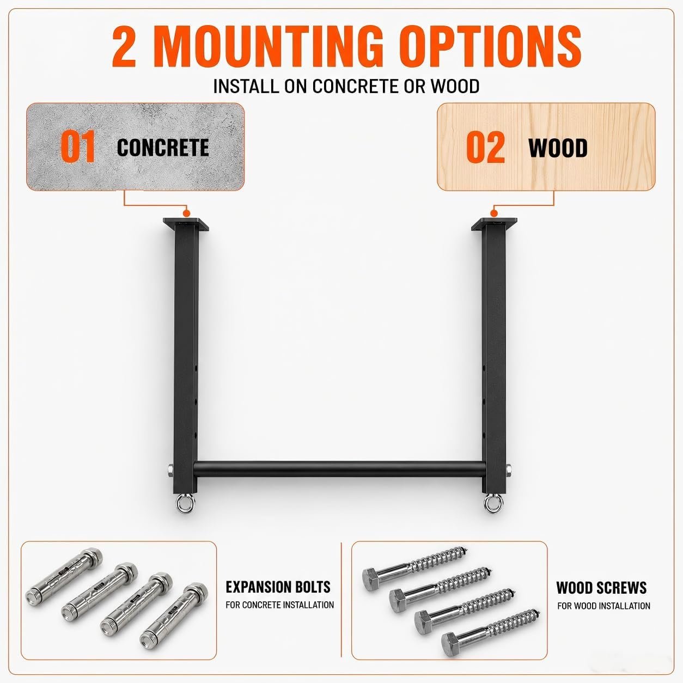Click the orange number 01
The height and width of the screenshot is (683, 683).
pyautogui.click(x=78, y=147)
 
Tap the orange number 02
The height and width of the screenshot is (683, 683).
pyautogui.click(x=485, y=147)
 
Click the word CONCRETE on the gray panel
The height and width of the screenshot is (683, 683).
pyautogui.click(x=163, y=148)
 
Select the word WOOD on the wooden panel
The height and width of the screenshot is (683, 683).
pyautogui.click(x=558, y=148)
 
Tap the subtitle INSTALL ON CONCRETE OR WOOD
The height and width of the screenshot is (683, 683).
pyautogui.click(x=346, y=86)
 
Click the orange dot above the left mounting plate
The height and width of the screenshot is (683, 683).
pyautogui.click(x=186, y=213)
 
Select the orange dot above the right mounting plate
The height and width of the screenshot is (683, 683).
pyautogui.click(x=493, y=213)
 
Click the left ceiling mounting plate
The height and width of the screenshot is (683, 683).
pyautogui.click(x=186, y=224)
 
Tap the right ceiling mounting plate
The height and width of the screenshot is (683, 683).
pyautogui.click(x=493, y=224)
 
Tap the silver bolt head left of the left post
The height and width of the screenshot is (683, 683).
pyautogui.click(x=170, y=471)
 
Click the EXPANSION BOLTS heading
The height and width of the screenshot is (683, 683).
pyautogui.click(x=278, y=587)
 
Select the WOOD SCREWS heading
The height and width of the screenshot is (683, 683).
pyautogui.click(x=601, y=588)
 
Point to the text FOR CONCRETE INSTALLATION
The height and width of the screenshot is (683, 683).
pyautogui.click(x=279, y=605)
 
